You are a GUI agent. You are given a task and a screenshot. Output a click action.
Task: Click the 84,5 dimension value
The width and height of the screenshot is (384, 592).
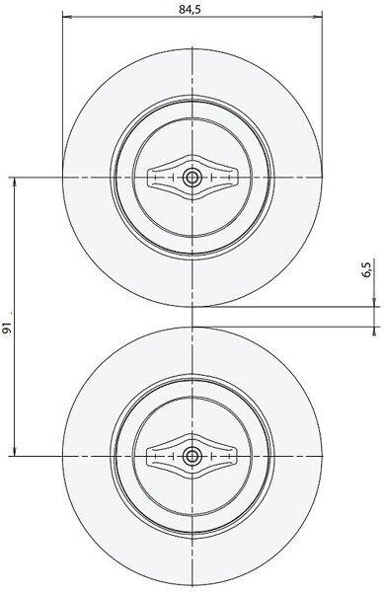[190, 10]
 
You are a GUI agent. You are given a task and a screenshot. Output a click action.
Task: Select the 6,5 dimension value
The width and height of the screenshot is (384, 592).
[367, 270]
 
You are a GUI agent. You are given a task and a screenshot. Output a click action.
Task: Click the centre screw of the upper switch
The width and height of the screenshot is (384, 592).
[192, 177]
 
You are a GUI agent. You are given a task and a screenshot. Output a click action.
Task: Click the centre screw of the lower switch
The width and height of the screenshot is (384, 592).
[192, 456]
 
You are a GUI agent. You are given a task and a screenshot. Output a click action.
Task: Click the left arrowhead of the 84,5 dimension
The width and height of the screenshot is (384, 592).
[67, 17]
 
